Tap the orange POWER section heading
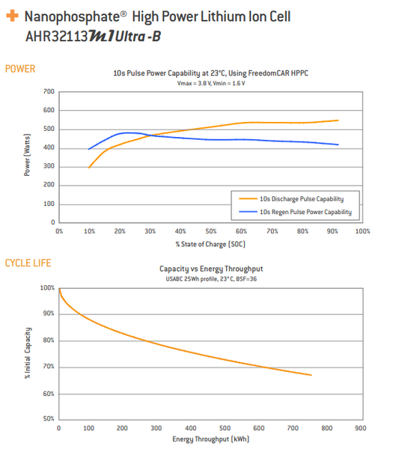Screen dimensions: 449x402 pyautogui.click(x=20, y=69)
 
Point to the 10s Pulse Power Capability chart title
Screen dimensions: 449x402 pyautogui.click(x=211, y=73)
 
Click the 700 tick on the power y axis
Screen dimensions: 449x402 pyautogui.click(x=49, y=91)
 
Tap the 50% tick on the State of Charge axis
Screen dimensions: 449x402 pyautogui.click(x=211, y=231)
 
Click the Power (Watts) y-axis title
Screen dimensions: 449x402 pyautogui.click(x=28, y=157)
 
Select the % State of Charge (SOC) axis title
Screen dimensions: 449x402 pyautogui.click(x=211, y=244)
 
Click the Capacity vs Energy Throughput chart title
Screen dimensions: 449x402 pyautogui.click(x=210, y=268)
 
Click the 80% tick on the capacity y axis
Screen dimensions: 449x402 pyautogui.click(x=48, y=340)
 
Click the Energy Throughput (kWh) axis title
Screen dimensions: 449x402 pyautogui.click(x=210, y=440)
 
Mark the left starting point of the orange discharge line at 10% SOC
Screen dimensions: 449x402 pyautogui.click(x=89, y=167)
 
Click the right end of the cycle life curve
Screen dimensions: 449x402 pyautogui.click(x=311, y=375)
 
